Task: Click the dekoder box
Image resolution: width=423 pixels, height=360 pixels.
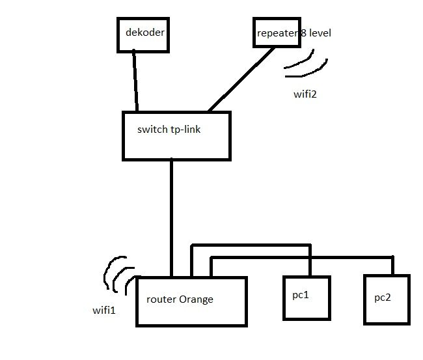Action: pyautogui.click(x=143, y=34)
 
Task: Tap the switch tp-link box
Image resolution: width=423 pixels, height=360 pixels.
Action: pyautogui.click(x=176, y=135)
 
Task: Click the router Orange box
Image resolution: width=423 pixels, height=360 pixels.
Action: pyautogui.click(x=191, y=301)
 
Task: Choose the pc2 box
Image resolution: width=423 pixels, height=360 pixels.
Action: pyautogui.click(x=387, y=299)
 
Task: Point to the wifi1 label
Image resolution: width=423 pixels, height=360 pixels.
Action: pyautogui.click(x=104, y=311)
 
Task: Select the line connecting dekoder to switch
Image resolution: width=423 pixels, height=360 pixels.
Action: pyautogui.click(x=135, y=81)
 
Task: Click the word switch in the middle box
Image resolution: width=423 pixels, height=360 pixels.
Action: pyautogui.click(x=152, y=130)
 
